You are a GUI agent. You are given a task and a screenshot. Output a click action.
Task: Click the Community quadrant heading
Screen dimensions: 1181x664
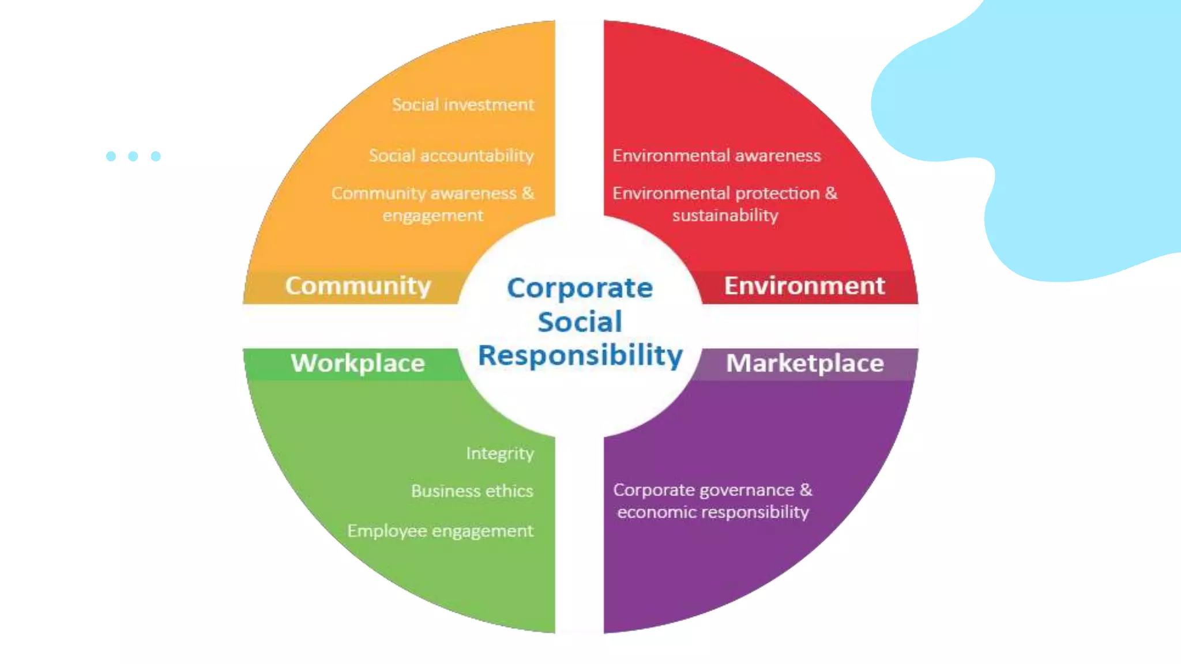tap(358, 286)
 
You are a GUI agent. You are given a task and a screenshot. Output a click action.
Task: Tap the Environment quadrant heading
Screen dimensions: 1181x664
tap(804, 286)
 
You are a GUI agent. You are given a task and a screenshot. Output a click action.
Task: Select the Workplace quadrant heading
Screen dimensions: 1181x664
tap(358, 363)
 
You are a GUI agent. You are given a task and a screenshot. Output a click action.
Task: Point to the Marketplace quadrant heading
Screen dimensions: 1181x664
tap(805, 363)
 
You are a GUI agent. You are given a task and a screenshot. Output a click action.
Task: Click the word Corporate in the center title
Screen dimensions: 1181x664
tap(580, 288)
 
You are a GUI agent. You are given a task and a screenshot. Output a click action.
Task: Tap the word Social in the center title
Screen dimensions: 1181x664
tap(580, 322)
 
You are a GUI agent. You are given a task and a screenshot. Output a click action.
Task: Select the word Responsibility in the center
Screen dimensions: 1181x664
tap(580, 355)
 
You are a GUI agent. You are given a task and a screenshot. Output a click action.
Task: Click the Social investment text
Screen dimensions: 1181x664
tap(463, 105)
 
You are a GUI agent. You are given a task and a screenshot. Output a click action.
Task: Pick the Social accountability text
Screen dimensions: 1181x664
tap(452, 156)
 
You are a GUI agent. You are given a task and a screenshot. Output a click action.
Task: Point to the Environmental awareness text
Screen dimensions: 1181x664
tap(716, 156)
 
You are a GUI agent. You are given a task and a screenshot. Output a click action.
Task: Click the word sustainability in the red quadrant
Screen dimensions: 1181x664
tap(725, 216)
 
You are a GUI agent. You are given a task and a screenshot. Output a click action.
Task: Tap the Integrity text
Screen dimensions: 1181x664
tap(500, 454)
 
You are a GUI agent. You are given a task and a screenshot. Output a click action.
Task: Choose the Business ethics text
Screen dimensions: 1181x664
tap(472, 491)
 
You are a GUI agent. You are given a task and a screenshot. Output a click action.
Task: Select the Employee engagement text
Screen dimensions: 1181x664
tap(440, 531)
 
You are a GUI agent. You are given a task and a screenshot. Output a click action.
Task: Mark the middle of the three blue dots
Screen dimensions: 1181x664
tap(133, 156)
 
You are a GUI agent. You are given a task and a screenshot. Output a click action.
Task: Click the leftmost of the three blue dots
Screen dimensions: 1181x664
tap(111, 156)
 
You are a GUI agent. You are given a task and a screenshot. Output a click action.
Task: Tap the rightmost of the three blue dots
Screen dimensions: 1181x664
tap(156, 156)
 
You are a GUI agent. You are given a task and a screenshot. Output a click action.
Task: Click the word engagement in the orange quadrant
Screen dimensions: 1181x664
tap(432, 216)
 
